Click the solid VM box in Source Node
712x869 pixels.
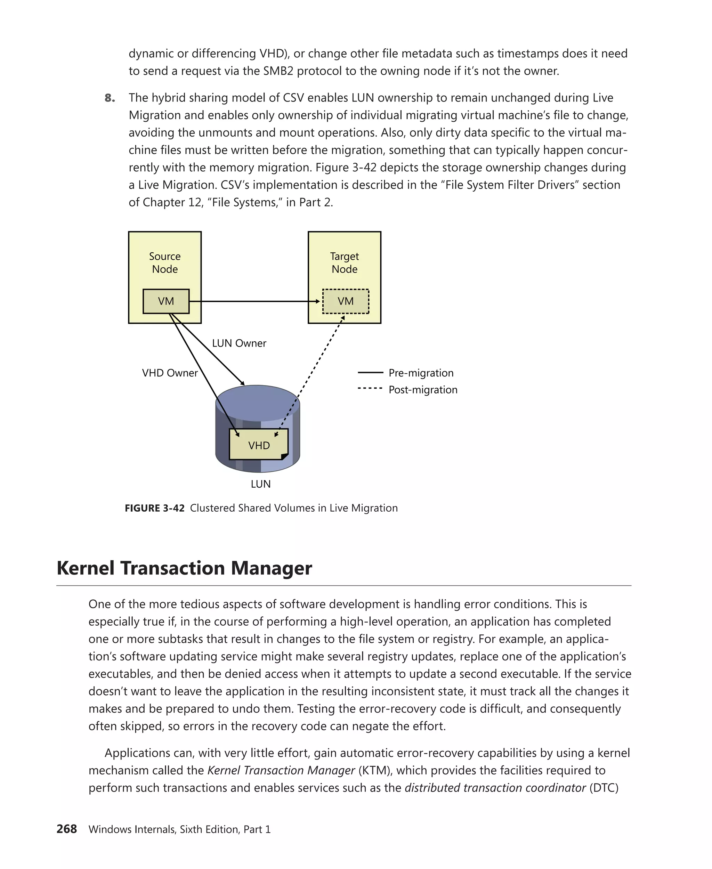(166, 301)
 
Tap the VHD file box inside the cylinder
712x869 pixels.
(259, 445)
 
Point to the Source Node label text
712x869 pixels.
(165, 262)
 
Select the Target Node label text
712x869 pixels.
(345, 262)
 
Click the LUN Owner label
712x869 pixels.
(239, 343)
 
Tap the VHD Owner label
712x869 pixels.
(170, 373)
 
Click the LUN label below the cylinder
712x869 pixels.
(260, 484)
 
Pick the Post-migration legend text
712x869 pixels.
(423, 390)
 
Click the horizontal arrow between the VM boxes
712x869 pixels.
(254, 301)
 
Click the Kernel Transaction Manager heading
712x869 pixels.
(184, 568)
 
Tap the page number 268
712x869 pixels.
(67, 829)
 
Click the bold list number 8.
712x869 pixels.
(110, 98)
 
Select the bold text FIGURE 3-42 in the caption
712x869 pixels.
(155, 508)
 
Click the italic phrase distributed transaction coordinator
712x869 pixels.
(495, 788)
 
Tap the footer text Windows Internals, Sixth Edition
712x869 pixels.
(164, 829)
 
